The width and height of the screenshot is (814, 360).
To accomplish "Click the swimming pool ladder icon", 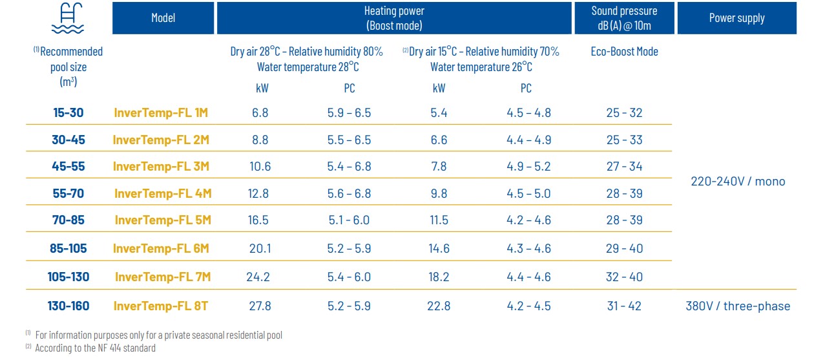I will pos(68,18).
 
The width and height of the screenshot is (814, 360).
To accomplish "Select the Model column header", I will pos(163,18).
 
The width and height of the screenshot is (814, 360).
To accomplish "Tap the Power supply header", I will pos(736,18).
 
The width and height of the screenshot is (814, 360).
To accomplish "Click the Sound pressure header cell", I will pos(624,18).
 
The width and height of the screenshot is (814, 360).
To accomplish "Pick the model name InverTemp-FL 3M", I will pos(162,166).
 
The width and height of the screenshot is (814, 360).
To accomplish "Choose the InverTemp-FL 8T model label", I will pos(161,306).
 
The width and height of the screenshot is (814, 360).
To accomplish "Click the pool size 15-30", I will pos(68,112).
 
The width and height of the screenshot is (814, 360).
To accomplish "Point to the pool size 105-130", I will pos(68,277).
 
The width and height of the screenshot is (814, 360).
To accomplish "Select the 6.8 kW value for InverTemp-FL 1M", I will pos(260,112).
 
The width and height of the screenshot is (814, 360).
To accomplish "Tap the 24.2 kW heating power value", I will pos(258,277).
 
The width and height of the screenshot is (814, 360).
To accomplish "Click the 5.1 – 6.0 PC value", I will pos(349,220).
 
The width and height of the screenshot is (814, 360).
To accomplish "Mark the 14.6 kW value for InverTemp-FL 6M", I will pos(439,248).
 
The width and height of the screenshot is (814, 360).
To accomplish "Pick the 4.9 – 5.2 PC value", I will pos(528,166).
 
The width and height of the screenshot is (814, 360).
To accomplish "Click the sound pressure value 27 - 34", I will pos(624,166).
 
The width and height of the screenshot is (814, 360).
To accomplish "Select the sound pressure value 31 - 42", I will pos(624,306).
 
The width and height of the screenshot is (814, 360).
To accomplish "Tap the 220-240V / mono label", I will pos(738,181).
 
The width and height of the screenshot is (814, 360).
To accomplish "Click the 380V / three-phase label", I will pos(738,306).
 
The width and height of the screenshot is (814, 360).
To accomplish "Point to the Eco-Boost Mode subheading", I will pos(624,52).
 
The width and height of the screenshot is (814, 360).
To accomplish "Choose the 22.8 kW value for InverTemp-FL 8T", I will pos(439,306).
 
